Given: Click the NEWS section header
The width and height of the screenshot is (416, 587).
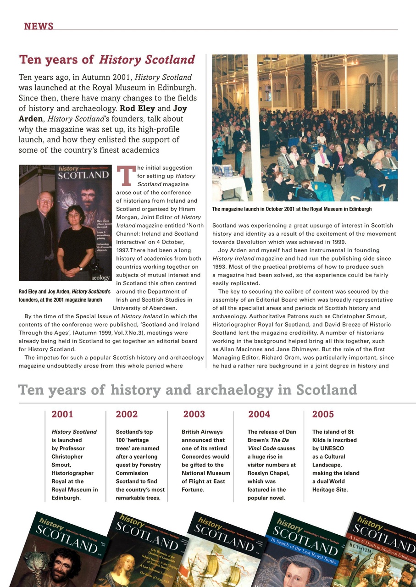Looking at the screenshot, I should [x=39, y=26].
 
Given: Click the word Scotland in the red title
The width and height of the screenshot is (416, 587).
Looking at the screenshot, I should [x=170, y=60].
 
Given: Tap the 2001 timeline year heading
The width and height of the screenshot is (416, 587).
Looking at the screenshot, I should [x=62, y=415].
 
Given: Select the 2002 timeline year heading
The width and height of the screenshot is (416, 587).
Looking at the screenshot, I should [x=127, y=415].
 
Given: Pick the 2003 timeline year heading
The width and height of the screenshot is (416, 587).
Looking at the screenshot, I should [x=194, y=415].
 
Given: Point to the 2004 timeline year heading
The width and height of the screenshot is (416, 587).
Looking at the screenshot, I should [x=259, y=415].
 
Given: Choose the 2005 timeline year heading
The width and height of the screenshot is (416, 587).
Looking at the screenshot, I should [x=323, y=415].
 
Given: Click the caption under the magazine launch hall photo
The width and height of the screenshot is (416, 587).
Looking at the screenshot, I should [x=292, y=209].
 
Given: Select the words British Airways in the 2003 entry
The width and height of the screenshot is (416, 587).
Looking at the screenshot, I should [x=202, y=432].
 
